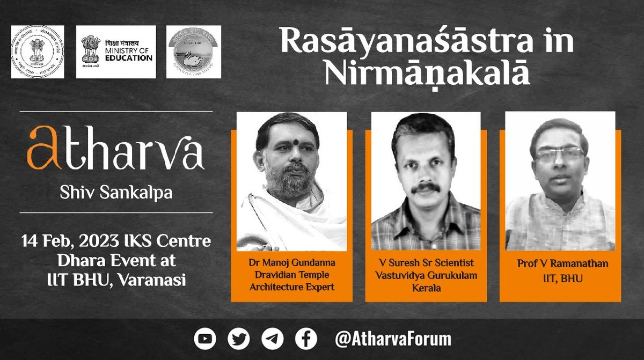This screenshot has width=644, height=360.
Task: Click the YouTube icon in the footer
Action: point(206,339)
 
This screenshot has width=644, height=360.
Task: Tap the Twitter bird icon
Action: point(238,339)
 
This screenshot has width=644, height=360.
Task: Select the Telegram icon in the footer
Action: point(272,339)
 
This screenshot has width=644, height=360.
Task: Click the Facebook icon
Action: point(305,339)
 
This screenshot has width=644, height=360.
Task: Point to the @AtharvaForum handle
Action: point(393,339)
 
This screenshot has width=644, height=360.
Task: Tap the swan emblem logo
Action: point(186,52)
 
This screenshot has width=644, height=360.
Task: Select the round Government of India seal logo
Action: point(38,52)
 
